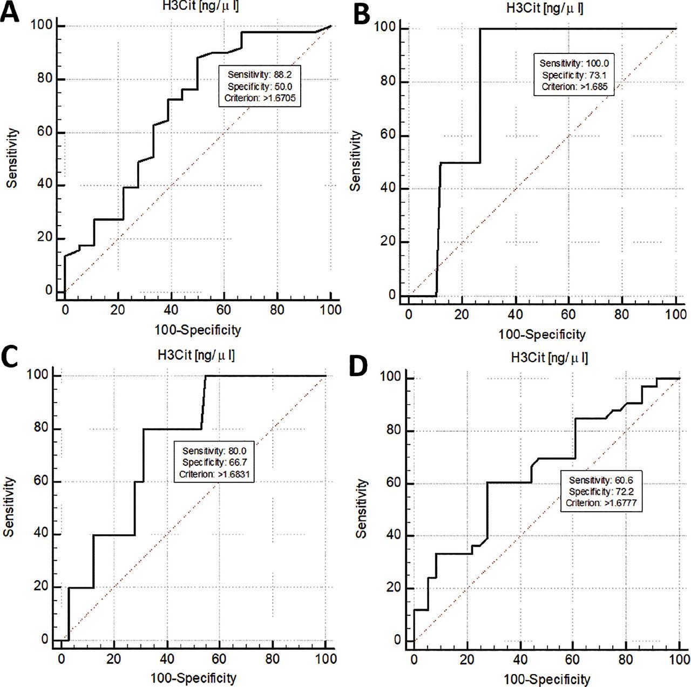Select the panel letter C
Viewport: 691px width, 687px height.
(11, 357)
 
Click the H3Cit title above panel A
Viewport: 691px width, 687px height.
(198, 6)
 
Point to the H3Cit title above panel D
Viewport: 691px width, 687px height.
(548, 358)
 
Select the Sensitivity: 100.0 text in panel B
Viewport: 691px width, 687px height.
(574, 63)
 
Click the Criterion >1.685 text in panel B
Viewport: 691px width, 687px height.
(574, 87)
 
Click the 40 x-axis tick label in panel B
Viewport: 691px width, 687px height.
(515, 315)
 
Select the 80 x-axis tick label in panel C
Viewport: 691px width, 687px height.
(272, 659)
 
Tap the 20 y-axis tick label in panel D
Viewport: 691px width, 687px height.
(394, 589)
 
